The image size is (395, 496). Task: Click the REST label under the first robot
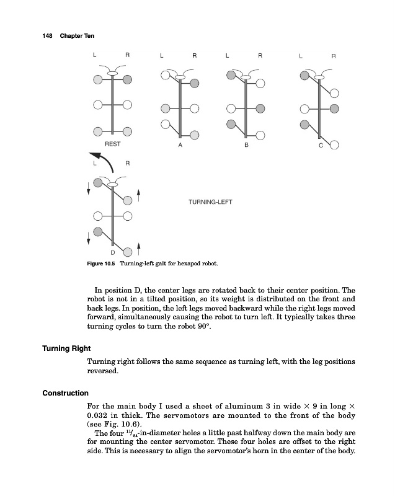pyautogui.click(x=112, y=143)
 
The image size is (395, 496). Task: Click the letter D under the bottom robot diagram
pyautogui.click(x=112, y=252)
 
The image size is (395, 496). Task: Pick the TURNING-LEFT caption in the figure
pyautogui.click(x=210, y=202)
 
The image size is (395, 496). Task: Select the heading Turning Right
pyautogui.click(x=66, y=348)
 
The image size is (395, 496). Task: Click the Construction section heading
pyautogui.click(x=66, y=393)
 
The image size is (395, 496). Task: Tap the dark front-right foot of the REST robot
pyautogui.click(x=127, y=80)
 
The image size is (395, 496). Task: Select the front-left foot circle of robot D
pyautogui.click(x=97, y=183)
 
